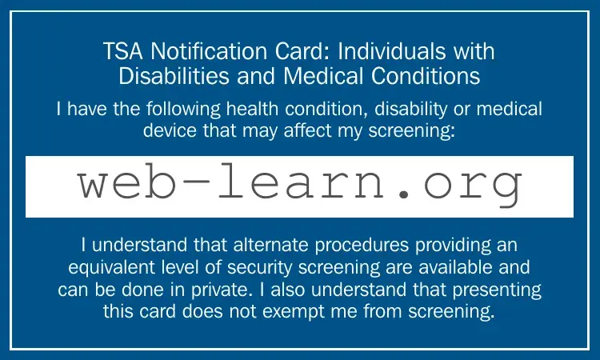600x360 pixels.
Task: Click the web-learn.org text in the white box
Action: (x=299, y=186)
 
